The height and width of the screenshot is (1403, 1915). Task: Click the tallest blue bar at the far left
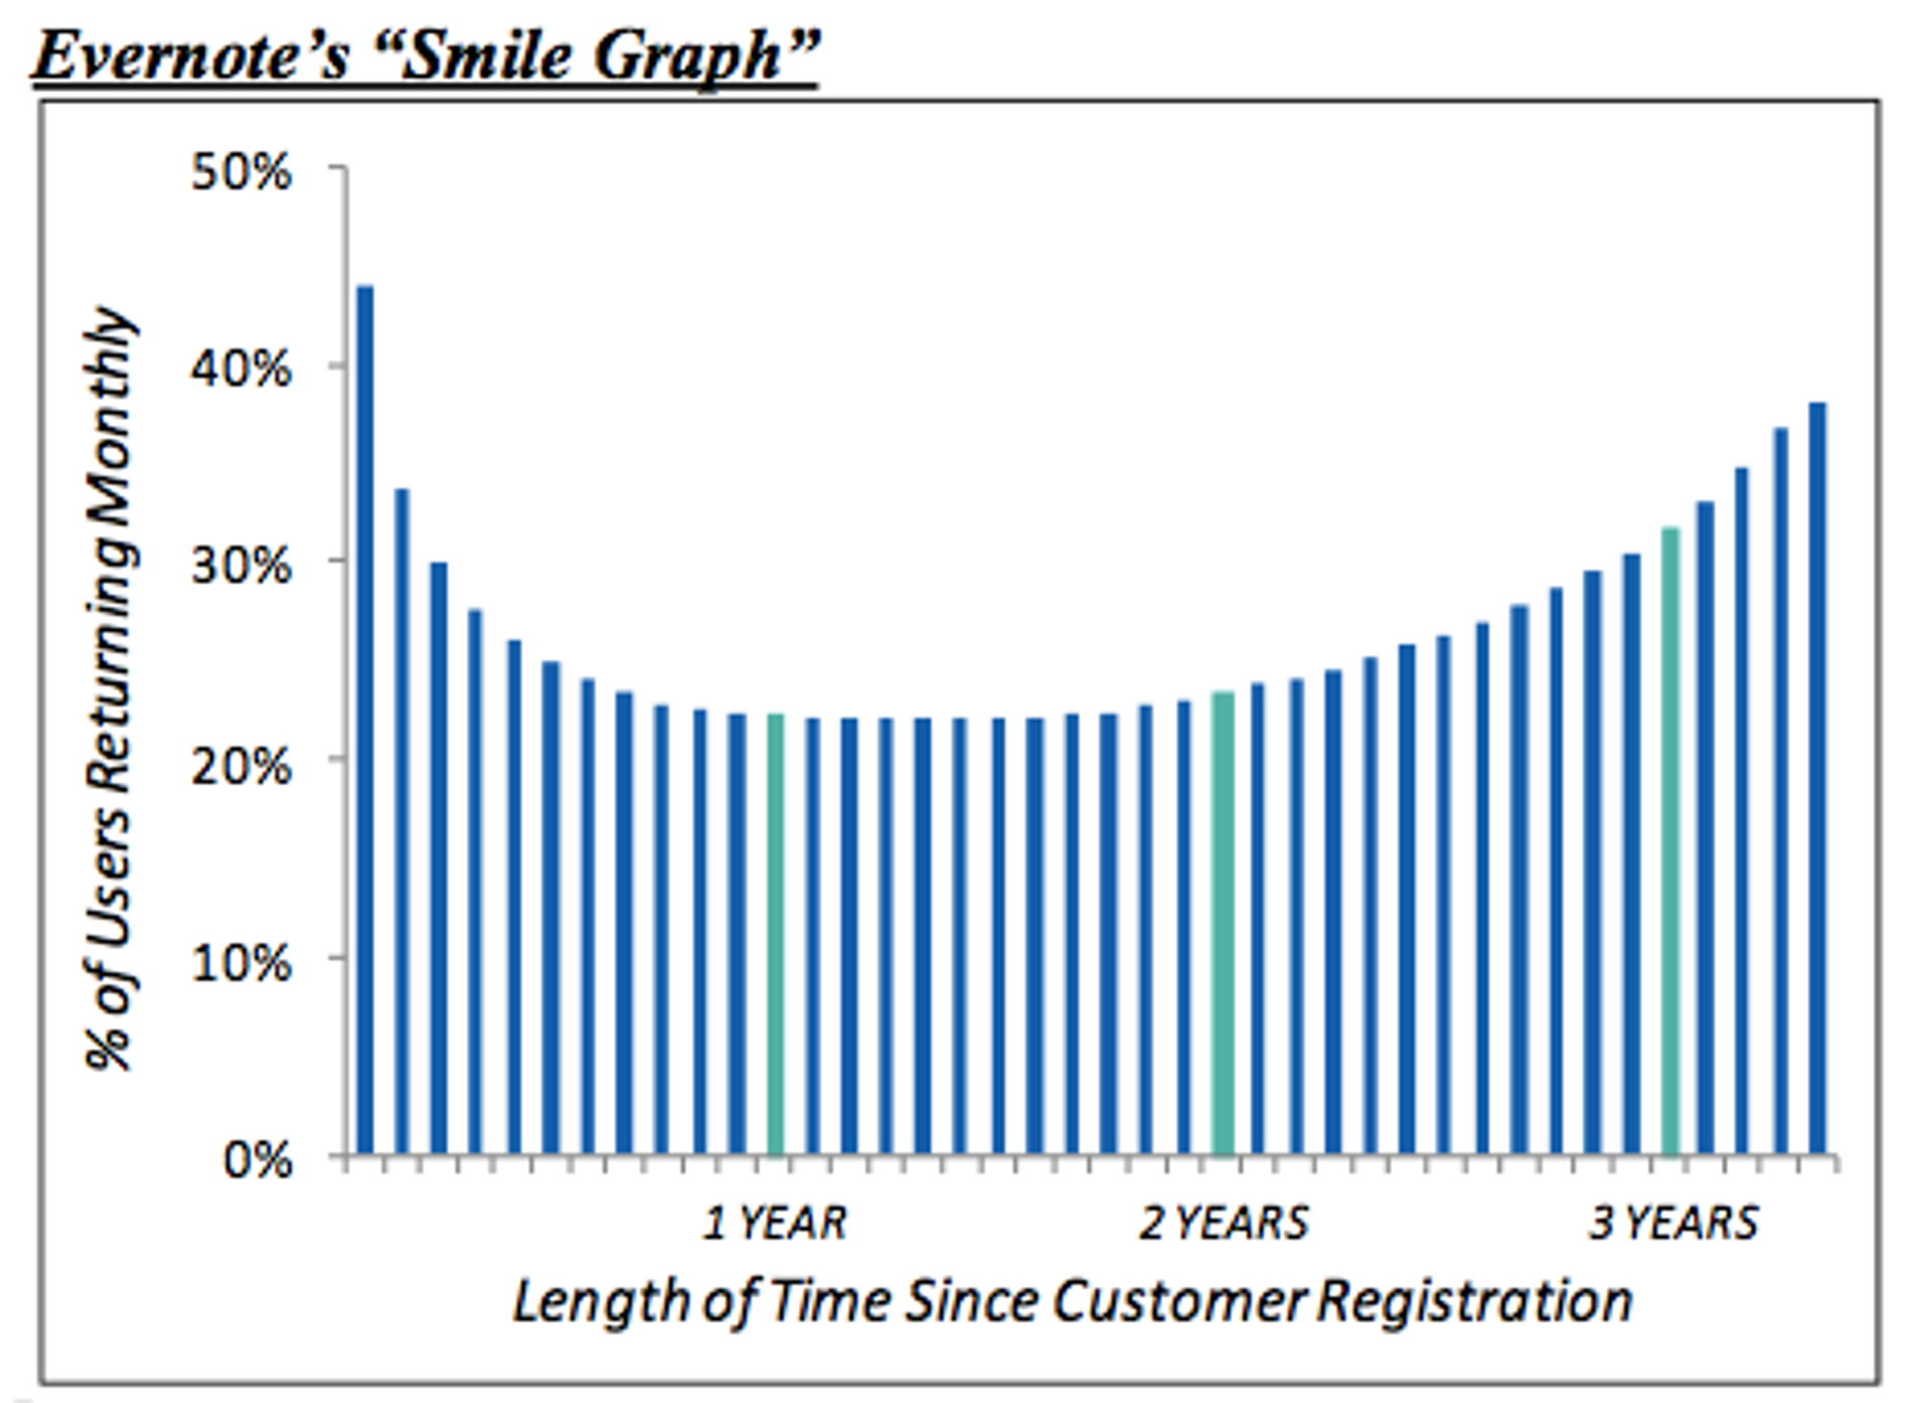point(365,718)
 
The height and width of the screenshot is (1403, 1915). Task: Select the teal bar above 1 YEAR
point(776,934)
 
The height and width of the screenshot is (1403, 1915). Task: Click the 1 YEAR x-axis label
point(775,1223)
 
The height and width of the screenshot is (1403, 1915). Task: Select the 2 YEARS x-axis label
point(1223,1223)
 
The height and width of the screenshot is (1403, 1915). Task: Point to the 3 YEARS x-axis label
point(1674,1223)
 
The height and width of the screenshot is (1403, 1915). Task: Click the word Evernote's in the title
point(191,57)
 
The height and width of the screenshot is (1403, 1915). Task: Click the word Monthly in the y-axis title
point(110,402)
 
